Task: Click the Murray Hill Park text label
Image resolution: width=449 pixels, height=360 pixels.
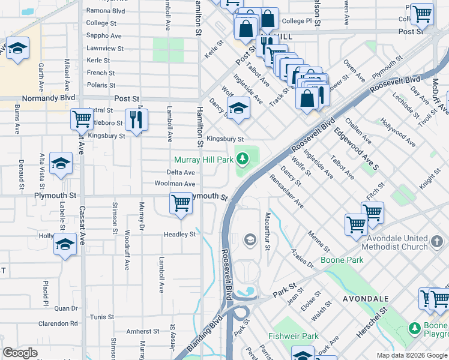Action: (203, 160)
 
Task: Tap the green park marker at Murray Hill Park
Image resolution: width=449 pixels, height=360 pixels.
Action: (243, 159)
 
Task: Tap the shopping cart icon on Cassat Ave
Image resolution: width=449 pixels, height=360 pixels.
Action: (82, 119)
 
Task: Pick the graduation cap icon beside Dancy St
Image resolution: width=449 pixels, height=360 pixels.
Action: (238, 108)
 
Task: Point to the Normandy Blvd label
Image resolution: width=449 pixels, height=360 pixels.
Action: (49, 98)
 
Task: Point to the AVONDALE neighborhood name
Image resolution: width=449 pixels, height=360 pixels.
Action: (366, 298)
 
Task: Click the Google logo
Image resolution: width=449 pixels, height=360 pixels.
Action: (20, 353)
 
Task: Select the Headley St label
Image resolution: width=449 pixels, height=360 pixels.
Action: (180, 235)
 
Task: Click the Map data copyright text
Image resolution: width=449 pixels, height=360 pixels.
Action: (411, 355)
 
